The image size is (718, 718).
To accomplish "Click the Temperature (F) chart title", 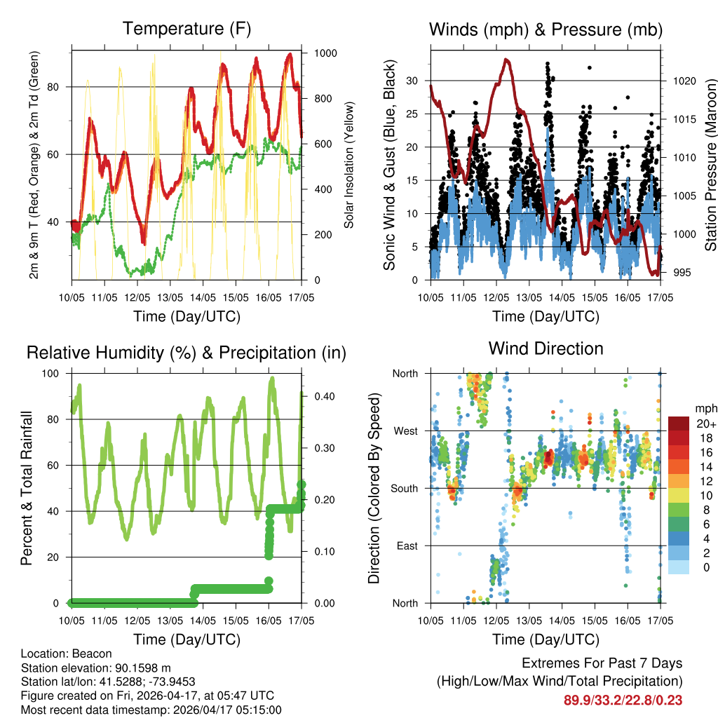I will pyautogui.click(x=187, y=29).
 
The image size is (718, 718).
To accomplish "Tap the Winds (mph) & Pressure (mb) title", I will pyautogui.click(x=546, y=29).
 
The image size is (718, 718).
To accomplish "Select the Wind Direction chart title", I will pyautogui.click(x=546, y=348).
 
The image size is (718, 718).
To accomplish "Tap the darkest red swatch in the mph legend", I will pyautogui.click(x=678, y=424).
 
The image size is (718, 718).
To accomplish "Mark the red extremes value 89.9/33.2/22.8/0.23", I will pyautogui.click(x=623, y=700).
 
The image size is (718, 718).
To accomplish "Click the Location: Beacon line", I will pyautogui.click(x=67, y=653).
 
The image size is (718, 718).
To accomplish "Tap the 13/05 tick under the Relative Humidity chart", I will pyautogui.click(x=170, y=621).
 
